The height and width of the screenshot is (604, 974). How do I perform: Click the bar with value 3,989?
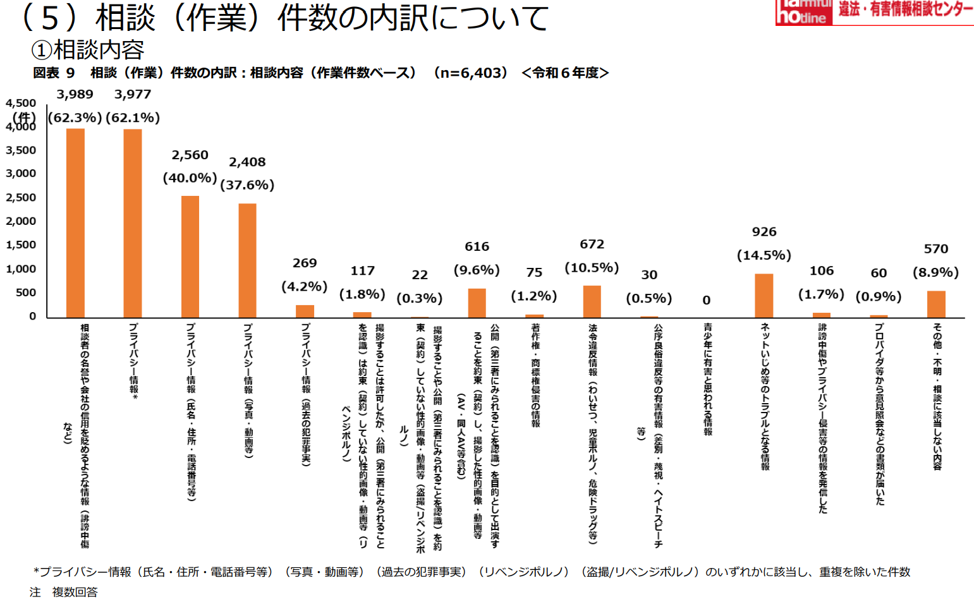tap(75, 222)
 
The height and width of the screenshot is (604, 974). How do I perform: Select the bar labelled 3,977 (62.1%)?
tap(133, 223)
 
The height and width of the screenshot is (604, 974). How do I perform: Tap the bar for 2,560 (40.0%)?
tap(190, 257)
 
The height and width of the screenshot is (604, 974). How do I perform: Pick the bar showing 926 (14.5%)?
tap(764, 295)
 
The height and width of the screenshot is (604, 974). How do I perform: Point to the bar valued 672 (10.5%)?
tap(592, 301)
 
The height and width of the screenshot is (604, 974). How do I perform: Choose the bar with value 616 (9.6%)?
tap(477, 303)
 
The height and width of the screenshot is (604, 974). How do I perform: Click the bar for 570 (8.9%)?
tap(935, 304)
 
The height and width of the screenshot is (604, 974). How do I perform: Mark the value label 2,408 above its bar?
tap(247, 162)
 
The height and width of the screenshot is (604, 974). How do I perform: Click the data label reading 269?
tap(305, 263)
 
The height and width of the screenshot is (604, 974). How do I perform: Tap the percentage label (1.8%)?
tap(362, 294)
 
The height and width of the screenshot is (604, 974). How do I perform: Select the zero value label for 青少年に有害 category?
tap(707, 301)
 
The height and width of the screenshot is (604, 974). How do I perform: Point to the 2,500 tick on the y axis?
tap(21, 198)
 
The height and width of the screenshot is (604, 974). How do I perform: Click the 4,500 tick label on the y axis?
tap(21, 103)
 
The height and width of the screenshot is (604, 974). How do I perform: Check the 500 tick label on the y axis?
tap(25, 293)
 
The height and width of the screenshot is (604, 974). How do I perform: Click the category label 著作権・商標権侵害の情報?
tap(535, 375)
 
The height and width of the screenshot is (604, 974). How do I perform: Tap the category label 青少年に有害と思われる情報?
tap(707, 379)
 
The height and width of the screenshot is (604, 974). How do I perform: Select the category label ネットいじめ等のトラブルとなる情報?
tap(765, 396)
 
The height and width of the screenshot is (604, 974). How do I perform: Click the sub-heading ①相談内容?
tap(88, 50)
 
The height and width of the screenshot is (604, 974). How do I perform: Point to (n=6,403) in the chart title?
tap(470, 73)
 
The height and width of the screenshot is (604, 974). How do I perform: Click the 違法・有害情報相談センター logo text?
tap(905, 9)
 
